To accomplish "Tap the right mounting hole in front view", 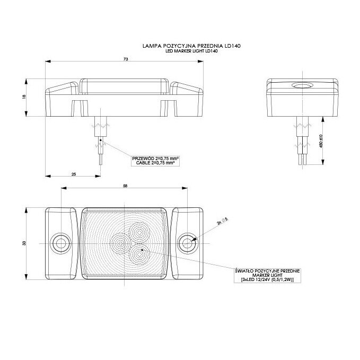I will tap(186, 243).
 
